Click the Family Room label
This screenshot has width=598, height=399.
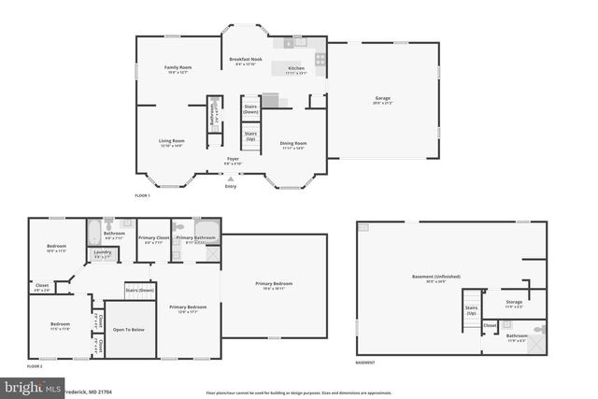click(178, 68)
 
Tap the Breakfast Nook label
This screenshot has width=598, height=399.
click(246, 60)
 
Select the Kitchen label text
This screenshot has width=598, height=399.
click(296, 69)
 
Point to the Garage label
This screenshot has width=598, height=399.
click(382, 98)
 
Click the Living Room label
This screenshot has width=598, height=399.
click(171, 141)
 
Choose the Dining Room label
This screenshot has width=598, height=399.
click(293, 144)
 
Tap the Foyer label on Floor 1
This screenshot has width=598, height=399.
click(233, 160)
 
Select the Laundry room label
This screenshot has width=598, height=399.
click(102, 251)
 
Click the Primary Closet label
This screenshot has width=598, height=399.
click(154, 238)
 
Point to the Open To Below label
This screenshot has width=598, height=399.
click(129, 330)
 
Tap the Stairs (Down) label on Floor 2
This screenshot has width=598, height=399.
click(139, 291)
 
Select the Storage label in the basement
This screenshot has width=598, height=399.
click(514, 302)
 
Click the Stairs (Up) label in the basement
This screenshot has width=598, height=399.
click(471, 310)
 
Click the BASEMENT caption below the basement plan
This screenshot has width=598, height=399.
click(364, 363)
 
